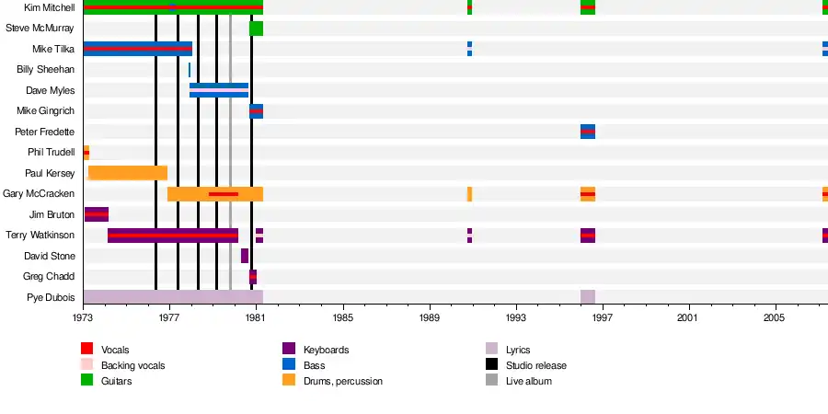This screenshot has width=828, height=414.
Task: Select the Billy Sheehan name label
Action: pyautogui.click(x=45, y=70)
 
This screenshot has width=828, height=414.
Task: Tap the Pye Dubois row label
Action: pyautogui.click(x=50, y=297)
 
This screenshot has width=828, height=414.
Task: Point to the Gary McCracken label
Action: pyautogui.click(x=39, y=194)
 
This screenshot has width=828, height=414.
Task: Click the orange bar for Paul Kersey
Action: pyautogui.click(x=127, y=173)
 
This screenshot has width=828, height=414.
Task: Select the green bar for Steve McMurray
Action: pyautogui.click(x=256, y=29)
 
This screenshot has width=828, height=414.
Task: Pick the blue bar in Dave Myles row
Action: pyautogui.click(x=219, y=90)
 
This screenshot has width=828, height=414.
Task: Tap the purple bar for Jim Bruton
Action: pyautogui.click(x=96, y=214)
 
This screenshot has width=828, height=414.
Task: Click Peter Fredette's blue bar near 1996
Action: pyautogui.click(x=587, y=132)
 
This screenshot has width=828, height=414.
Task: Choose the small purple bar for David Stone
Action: pyautogui.click(x=245, y=256)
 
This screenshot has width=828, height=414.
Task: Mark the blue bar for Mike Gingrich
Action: pyautogui.click(x=256, y=111)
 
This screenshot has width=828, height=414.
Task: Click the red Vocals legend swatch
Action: pyautogui.click(x=87, y=350)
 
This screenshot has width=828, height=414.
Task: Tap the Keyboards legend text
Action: pyautogui.click(x=326, y=350)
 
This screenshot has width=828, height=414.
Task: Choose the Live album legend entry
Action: pyautogui.click(x=528, y=381)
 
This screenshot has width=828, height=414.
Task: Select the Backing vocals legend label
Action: pyautogui.click(x=132, y=365)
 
